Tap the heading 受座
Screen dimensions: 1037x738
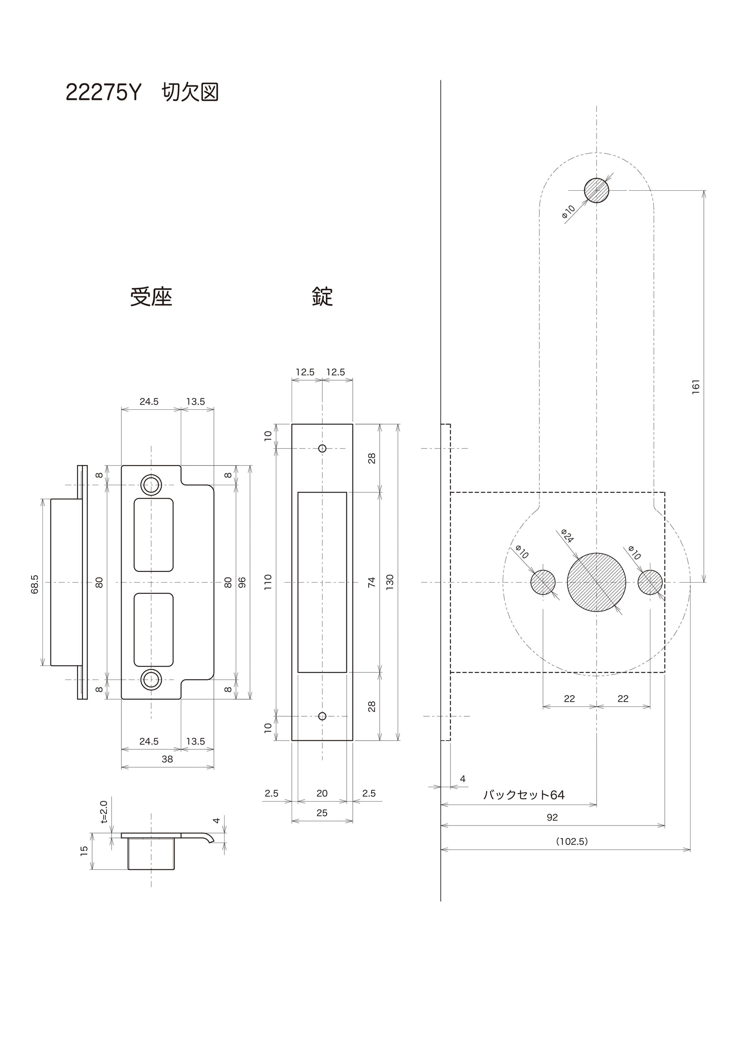[x=151, y=297]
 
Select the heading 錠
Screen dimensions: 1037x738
[x=322, y=297]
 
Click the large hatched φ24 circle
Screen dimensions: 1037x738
[x=596, y=582]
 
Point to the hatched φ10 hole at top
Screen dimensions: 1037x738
[x=596, y=190]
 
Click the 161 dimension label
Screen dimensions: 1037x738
[x=696, y=387]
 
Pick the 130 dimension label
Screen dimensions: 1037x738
[x=389, y=582]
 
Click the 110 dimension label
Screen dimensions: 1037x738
[x=268, y=582]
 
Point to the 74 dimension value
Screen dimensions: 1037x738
[x=372, y=582]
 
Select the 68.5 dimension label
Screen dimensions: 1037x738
[x=35, y=584]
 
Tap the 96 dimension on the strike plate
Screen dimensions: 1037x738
[x=242, y=582]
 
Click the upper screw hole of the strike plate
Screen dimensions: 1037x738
[x=151, y=485]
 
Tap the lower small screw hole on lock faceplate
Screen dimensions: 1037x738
[x=322, y=716]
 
